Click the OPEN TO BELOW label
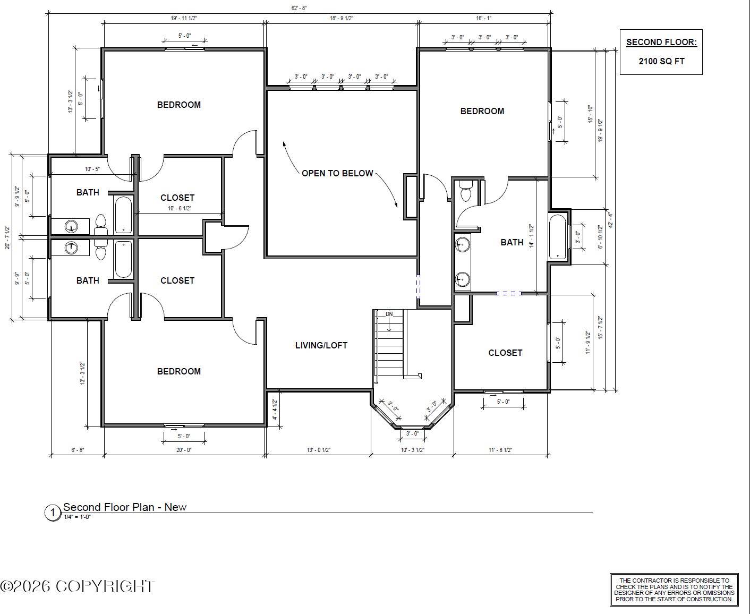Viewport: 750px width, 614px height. (x=337, y=173)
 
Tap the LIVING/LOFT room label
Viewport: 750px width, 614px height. (x=321, y=345)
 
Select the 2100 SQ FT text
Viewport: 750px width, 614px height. (x=661, y=61)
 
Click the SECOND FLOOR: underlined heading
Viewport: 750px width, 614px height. (x=661, y=42)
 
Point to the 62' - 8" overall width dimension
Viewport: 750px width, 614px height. (x=299, y=8)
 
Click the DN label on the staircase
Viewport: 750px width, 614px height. (x=389, y=314)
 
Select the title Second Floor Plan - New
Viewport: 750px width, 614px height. (x=125, y=507)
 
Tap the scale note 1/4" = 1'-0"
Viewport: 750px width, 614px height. (x=78, y=517)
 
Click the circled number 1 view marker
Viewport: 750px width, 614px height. (x=52, y=513)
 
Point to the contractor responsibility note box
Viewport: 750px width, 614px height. (x=674, y=590)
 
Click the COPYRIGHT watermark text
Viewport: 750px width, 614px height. (x=77, y=586)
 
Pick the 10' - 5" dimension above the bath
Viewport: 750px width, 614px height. (x=92, y=169)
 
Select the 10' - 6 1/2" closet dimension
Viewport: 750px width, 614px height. (x=180, y=209)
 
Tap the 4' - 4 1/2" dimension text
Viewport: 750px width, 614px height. (x=275, y=410)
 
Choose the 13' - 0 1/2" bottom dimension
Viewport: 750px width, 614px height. (x=319, y=450)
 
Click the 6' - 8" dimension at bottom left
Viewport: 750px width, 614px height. (x=78, y=450)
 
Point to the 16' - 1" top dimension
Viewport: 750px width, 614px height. (x=483, y=18)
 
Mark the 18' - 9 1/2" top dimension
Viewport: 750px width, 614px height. (x=342, y=18)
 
